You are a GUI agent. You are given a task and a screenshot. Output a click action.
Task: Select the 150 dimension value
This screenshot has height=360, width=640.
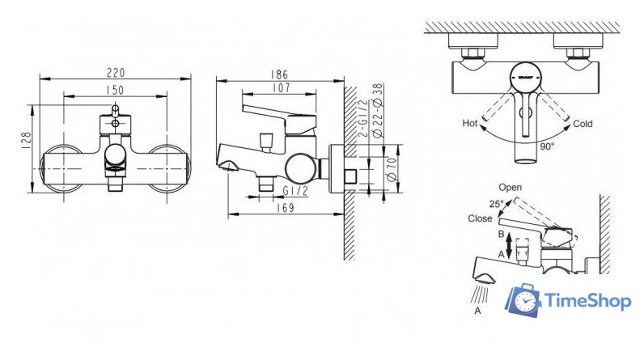[115, 91]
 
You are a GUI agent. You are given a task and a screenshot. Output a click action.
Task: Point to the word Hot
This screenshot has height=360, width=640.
[469, 124]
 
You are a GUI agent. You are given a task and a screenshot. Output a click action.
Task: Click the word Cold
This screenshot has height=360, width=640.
[583, 124]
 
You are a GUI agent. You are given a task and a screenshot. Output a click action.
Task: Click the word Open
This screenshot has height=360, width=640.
[511, 187]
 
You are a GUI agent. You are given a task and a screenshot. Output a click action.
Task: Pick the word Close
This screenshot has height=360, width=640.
[479, 218]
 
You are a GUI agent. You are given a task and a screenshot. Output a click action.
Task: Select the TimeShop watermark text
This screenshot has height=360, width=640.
[588, 301]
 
